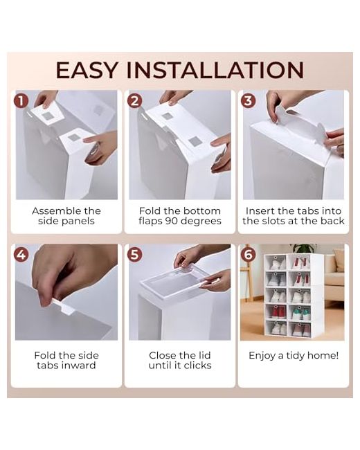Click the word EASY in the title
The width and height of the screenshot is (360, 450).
pyautogui.click(x=87, y=70)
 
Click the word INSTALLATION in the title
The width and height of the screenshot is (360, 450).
pyautogui.click(x=215, y=70)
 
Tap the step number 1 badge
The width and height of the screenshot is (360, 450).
pyautogui.click(x=21, y=101)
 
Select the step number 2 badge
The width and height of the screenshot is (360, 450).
pyautogui.click(x=134, y=101)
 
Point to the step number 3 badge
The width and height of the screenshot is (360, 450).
pyautogui.click(x=249, y=101)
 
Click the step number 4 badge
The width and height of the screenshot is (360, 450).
pyautogui.click(x=21, y=255)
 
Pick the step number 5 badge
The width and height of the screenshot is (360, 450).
pyautogui.click(x=134, y=255)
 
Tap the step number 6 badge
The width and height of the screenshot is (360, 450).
pyautogui.click(x=249, y=255)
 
